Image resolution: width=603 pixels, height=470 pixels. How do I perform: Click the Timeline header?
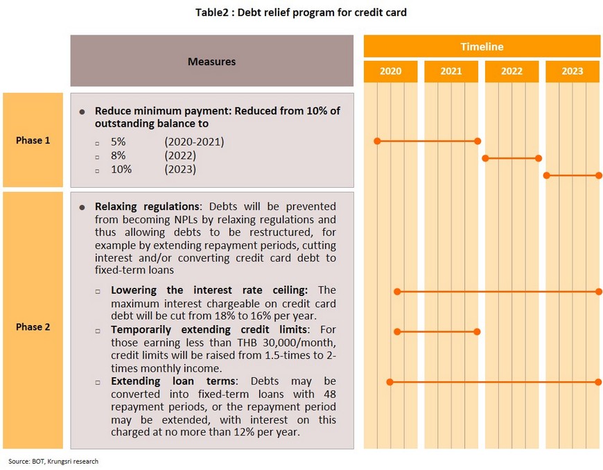point(482,46)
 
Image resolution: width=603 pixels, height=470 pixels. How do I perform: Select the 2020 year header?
point(390,71)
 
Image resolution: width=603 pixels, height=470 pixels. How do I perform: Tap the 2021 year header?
point(451,71)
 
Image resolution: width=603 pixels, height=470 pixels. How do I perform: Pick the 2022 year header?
point(512,71)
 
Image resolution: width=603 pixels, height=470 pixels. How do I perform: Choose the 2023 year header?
point(573,71)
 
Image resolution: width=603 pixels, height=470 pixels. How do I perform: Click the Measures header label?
point(211,62)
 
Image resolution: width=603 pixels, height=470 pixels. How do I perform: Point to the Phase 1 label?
point(33,141)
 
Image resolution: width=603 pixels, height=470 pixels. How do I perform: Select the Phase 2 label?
point(33,327)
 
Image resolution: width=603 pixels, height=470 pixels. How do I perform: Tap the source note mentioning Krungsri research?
point(53,461)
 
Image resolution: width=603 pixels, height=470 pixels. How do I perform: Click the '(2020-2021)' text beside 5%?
point(194,142)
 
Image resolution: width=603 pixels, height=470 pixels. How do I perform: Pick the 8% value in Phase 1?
point(118,155)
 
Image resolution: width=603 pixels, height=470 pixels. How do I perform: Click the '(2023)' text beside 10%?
point(180,169)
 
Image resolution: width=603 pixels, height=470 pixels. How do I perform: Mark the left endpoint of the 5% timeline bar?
point(377,141)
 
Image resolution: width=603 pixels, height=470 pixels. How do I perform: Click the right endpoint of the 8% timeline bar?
point(539,158)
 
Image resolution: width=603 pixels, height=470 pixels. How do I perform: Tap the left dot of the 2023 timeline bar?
point(546,175)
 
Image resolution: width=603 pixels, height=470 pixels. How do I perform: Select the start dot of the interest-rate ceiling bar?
point(397,292)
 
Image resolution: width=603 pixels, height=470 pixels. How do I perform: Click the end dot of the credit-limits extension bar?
point(477,331)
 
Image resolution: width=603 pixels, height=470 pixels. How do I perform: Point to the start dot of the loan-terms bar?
point(390,382)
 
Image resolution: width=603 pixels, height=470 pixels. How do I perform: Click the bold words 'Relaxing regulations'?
point(147,207)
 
